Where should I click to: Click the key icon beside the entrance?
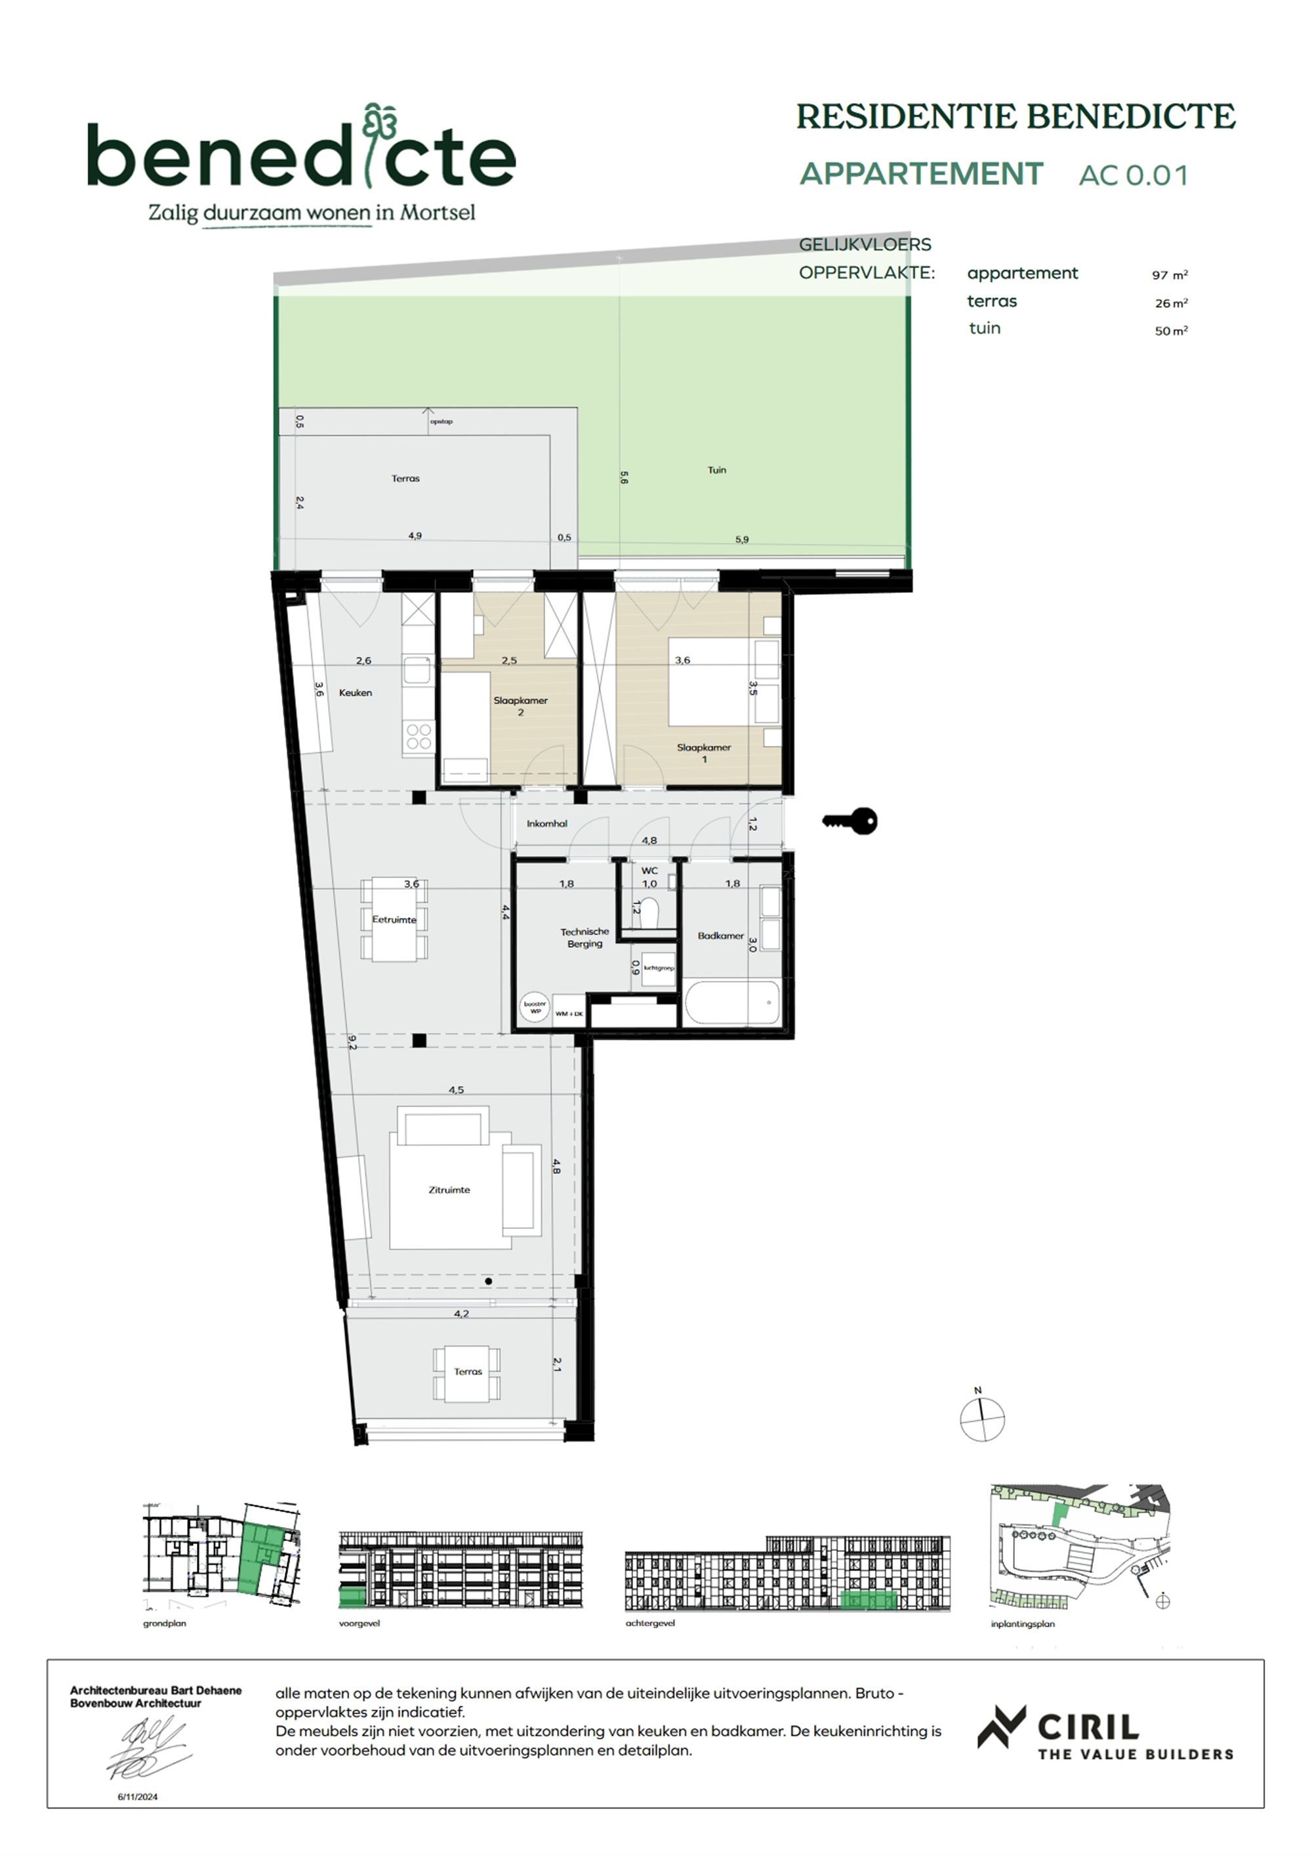pos(851,821)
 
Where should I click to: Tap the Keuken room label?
pos(356,693)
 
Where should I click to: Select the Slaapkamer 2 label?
pos(520,706)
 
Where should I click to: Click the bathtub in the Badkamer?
pos(732,1003)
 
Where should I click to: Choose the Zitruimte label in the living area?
pos(449,1190)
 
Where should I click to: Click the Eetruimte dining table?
pos(394,920)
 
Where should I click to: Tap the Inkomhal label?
pos(547,824)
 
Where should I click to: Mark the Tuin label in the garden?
pos(716,469)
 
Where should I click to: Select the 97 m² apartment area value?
pos(1169,275)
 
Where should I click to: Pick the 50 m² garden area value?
pos(1170,331)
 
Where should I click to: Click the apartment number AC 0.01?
pos(1134,175)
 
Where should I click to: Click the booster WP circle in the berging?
pos(535,1007)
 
